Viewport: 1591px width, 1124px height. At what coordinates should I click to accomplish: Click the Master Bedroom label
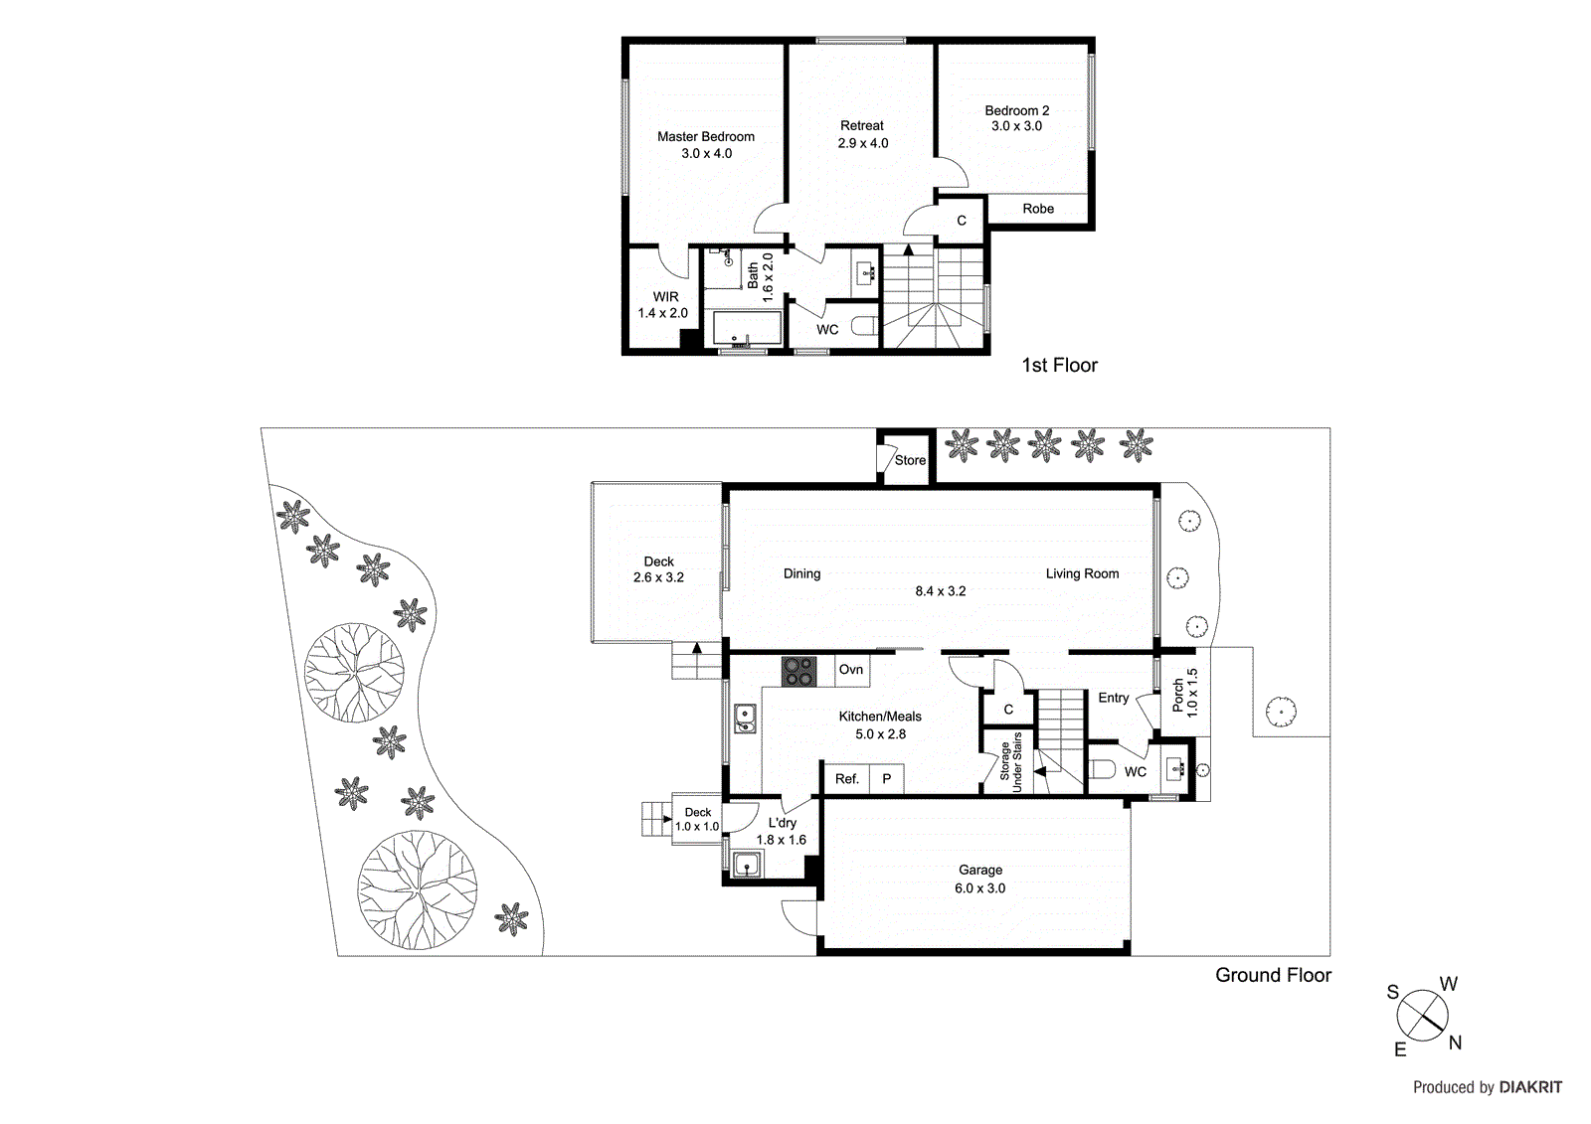pyautogui.click(x=705, y=137)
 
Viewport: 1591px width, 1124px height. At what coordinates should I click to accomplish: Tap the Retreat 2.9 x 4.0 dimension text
pyautogui.click(x=862, y=143)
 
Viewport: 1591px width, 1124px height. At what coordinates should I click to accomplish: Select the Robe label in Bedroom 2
pyautogui.click(x=1037, y=209)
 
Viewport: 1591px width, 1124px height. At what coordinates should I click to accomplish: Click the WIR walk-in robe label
pyautogui.click(x=665, y=297)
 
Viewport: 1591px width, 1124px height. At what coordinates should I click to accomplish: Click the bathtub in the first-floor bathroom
pyautogui.click(x=746, y=328)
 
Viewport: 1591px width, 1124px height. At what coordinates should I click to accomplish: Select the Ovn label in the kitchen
pyautogui.click(x=850, y=670)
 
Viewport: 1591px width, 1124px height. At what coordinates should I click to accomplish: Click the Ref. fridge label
pyautogui.click(x=846, y=779)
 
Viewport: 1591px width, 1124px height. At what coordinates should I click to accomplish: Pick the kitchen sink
pyautogui.click(x=744, y=718)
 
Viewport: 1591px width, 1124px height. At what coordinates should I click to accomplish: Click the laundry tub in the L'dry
pyautogui.click(x=747, y=866)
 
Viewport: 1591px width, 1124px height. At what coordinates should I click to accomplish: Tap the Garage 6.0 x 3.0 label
pyautogui.click(x=979, y=880)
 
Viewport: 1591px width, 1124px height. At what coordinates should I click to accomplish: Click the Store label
pyautogui.click(x=909, y=461)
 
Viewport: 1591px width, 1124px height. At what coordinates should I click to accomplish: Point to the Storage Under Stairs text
pyautogui.click(x=1010, y=762)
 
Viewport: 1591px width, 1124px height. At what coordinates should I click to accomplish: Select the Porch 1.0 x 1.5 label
pyautogui.click(x=1184, y=693)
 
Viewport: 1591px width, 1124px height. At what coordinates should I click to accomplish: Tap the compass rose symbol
pyautogui.click(x=1423, y=1016)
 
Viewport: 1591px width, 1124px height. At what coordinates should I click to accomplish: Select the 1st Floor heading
pyautogui.click(x=1059, y=366)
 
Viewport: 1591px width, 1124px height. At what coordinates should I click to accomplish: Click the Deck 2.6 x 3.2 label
pyautogui.click(x=658, y=569)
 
